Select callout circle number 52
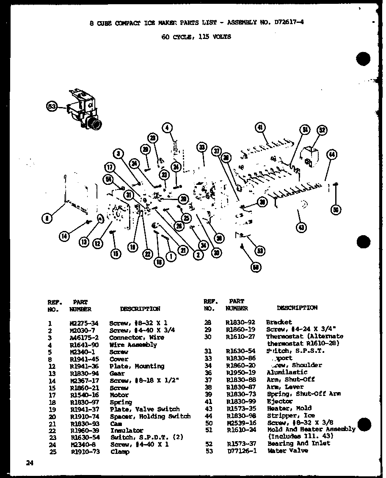[323, 130]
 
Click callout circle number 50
[336, 209]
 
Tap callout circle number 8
[47, 218]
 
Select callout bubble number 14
[64, 237]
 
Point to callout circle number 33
[202, 147]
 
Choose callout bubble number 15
[115, 254]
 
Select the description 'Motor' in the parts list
[119, 395]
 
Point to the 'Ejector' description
[279, 401]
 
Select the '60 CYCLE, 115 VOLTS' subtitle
[196, 37]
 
